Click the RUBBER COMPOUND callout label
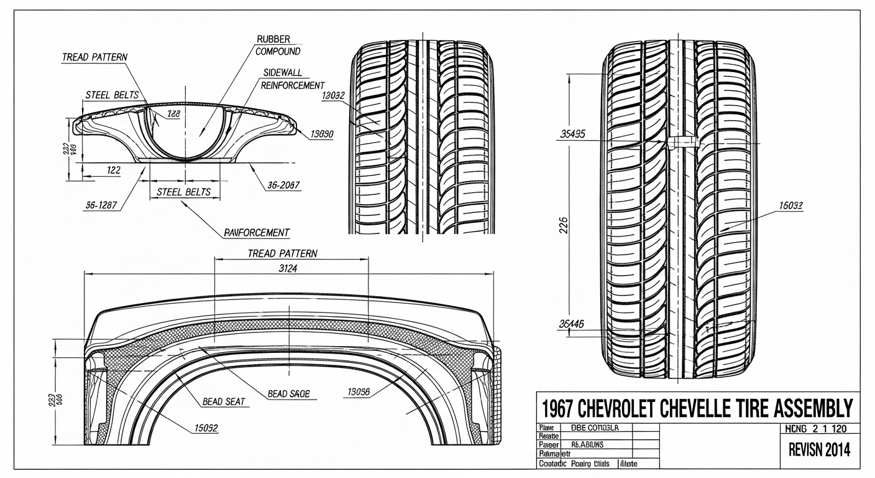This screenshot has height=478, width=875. click(278, 45)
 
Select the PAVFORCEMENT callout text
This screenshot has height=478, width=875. click(256, 233)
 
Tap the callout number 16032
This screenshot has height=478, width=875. click(790, 205)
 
